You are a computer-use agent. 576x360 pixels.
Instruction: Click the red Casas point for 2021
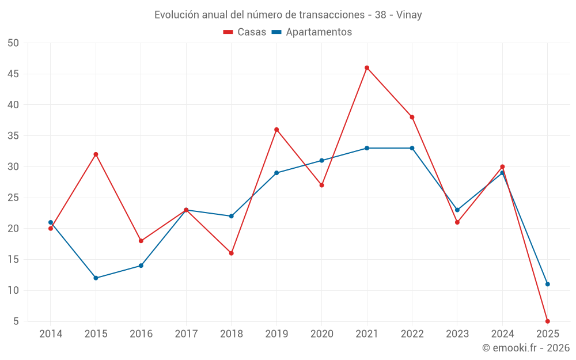[x=367, y=68]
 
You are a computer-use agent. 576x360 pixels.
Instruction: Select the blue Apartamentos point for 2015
[x=96, y=278]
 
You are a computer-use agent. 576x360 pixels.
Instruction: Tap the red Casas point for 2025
[x=547, y=321]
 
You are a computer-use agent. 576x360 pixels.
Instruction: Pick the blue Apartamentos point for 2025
[x=547, y=284]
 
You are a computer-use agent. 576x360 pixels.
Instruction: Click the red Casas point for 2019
[x=276, y=130]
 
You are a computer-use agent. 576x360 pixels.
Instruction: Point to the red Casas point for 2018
[x=231, y=253]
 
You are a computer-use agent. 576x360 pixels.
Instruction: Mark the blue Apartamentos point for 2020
[x=321, y=161]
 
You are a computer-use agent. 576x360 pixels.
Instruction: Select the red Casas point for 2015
[x=96, y=154]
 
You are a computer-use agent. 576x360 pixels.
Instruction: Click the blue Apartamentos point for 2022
[x=412, y=148]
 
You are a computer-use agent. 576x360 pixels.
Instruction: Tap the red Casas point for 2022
[x=412, y=118]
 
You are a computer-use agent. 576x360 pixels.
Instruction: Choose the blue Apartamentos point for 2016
[x=141, y=266]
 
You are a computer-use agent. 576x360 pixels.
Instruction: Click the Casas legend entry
[x=245, y=32]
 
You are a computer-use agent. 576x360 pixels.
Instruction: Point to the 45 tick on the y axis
[x=13, y=74]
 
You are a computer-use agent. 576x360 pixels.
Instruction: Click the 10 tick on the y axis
[x=13, y=290]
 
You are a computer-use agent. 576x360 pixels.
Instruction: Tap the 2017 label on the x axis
[x=186, y=334]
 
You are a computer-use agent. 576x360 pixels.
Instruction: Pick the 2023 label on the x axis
[x=457, y=334]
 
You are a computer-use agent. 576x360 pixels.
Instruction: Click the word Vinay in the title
[x=409, y=15]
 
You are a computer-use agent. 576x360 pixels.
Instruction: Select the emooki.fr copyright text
[x=526, y=348]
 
